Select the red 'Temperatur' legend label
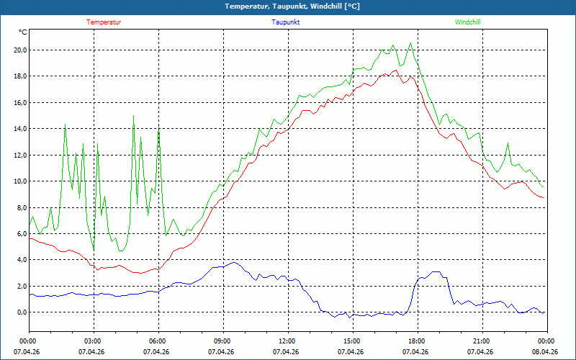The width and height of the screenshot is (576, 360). (104, 22)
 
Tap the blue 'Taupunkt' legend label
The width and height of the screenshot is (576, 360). (286, 22)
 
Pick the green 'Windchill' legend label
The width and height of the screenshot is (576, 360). (468, 22)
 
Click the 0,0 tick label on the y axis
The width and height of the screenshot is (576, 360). (20, 312)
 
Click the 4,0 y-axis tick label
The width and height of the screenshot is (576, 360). (20, 260)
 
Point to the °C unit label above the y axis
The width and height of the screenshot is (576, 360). (23, 32)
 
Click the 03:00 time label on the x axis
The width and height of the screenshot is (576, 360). (93, 341)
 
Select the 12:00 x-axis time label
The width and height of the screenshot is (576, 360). (287, 341)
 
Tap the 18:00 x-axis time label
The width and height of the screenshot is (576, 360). (417, 341)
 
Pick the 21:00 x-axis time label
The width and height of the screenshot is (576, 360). (482, 341)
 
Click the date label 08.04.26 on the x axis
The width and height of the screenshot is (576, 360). (545, 352)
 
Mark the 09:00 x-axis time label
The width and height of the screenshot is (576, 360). (222, 341)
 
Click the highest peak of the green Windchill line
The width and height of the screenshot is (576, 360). (410, 42)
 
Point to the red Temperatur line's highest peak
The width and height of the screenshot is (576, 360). (395, 70)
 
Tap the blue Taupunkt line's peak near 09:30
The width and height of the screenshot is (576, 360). (233, 263)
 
